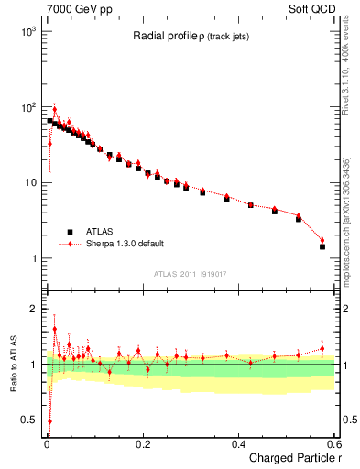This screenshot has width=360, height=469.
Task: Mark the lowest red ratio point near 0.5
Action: coord(49,421)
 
